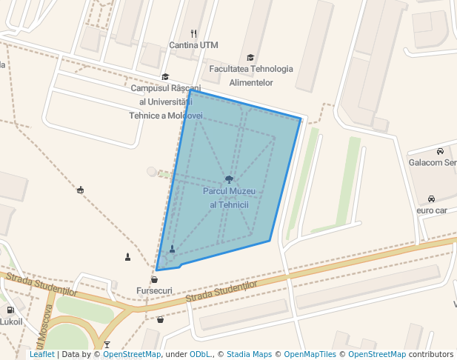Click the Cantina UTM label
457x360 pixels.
pos(193,45)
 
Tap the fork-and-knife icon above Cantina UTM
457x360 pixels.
pos(193,33)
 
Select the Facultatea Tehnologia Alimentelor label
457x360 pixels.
pos(251,76)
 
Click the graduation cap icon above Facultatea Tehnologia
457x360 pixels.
pos(250,57)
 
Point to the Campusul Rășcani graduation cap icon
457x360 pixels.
pos(165,76)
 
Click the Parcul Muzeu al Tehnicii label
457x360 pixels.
pos(229,198)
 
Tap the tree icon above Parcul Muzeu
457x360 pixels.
pos(229,179)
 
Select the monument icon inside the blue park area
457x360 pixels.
pos(173,249)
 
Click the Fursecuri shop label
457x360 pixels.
pos(154,290)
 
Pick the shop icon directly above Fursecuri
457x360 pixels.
pos(154,279)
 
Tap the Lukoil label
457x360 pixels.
pos(11,321)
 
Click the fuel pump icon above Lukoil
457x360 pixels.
pos(10,310)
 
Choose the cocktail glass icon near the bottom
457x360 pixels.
pos(107,344)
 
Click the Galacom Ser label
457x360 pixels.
pos(433,163)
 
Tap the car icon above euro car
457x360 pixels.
pos(431,199)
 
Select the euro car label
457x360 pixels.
pos(431,210)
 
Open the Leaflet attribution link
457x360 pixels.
pos(42,355)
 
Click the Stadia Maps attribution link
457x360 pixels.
pos(249,355)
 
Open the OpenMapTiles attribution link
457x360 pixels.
pos(310,355)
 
